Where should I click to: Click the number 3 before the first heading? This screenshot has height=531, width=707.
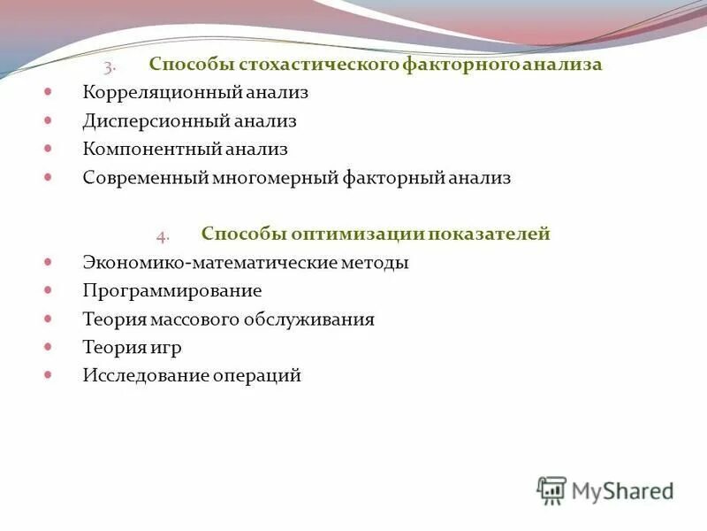107,67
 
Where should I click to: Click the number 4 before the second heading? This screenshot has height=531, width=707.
162,236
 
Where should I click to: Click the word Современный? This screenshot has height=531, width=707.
144,178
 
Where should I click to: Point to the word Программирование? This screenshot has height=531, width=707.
172,291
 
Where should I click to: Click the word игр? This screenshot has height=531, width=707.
165,348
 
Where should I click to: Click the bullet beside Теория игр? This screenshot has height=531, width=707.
49,346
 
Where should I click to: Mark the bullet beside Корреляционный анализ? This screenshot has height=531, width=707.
49,91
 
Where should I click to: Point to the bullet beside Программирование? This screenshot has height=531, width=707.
49,289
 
